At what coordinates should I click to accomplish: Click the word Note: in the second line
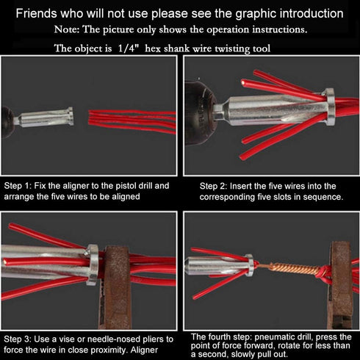click(70, 30)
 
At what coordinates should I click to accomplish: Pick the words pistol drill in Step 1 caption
click(144, 186)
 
